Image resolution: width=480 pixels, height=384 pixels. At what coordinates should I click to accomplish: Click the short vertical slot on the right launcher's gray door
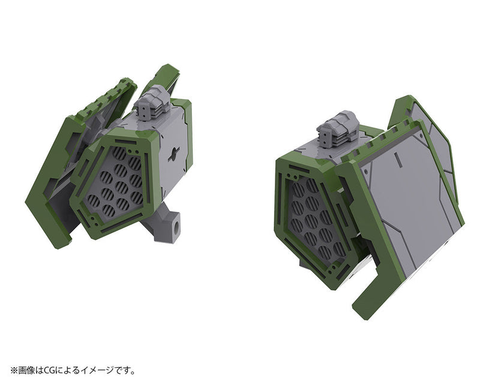[x=399, y=157]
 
